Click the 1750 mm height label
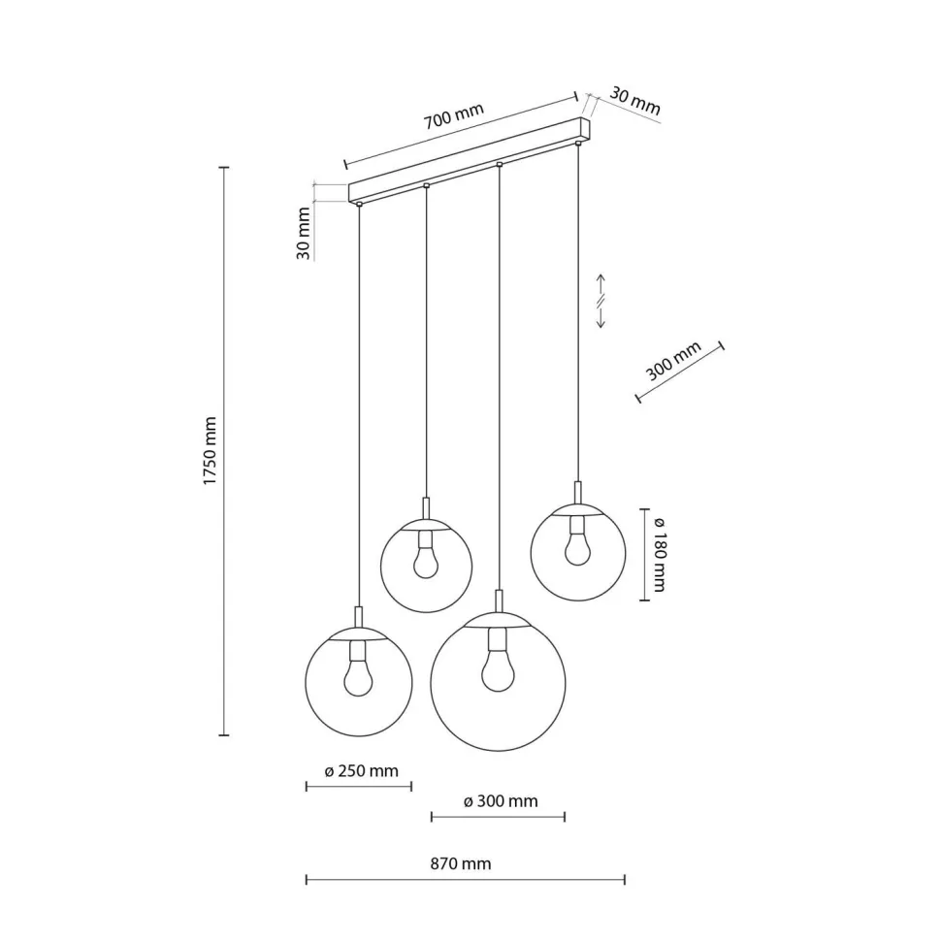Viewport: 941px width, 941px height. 210,451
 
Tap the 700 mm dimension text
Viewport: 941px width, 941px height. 453,116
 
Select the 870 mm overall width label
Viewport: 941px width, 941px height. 460,863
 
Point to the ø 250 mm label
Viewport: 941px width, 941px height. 361,770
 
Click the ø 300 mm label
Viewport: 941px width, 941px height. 501,801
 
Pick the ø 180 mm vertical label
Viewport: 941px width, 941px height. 659,554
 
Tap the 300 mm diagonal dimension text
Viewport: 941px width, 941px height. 673,361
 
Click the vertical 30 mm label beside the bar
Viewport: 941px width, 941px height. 304,234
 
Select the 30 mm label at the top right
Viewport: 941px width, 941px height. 635,102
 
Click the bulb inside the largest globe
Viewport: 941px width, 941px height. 498,669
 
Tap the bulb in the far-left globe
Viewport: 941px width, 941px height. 358,676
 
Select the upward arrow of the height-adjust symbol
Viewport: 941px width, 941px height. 600,286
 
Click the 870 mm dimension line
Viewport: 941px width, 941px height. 465,880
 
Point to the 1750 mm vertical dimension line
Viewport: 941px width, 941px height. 225,451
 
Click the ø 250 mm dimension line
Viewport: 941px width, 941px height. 359,786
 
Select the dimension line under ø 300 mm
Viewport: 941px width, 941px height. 498,816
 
